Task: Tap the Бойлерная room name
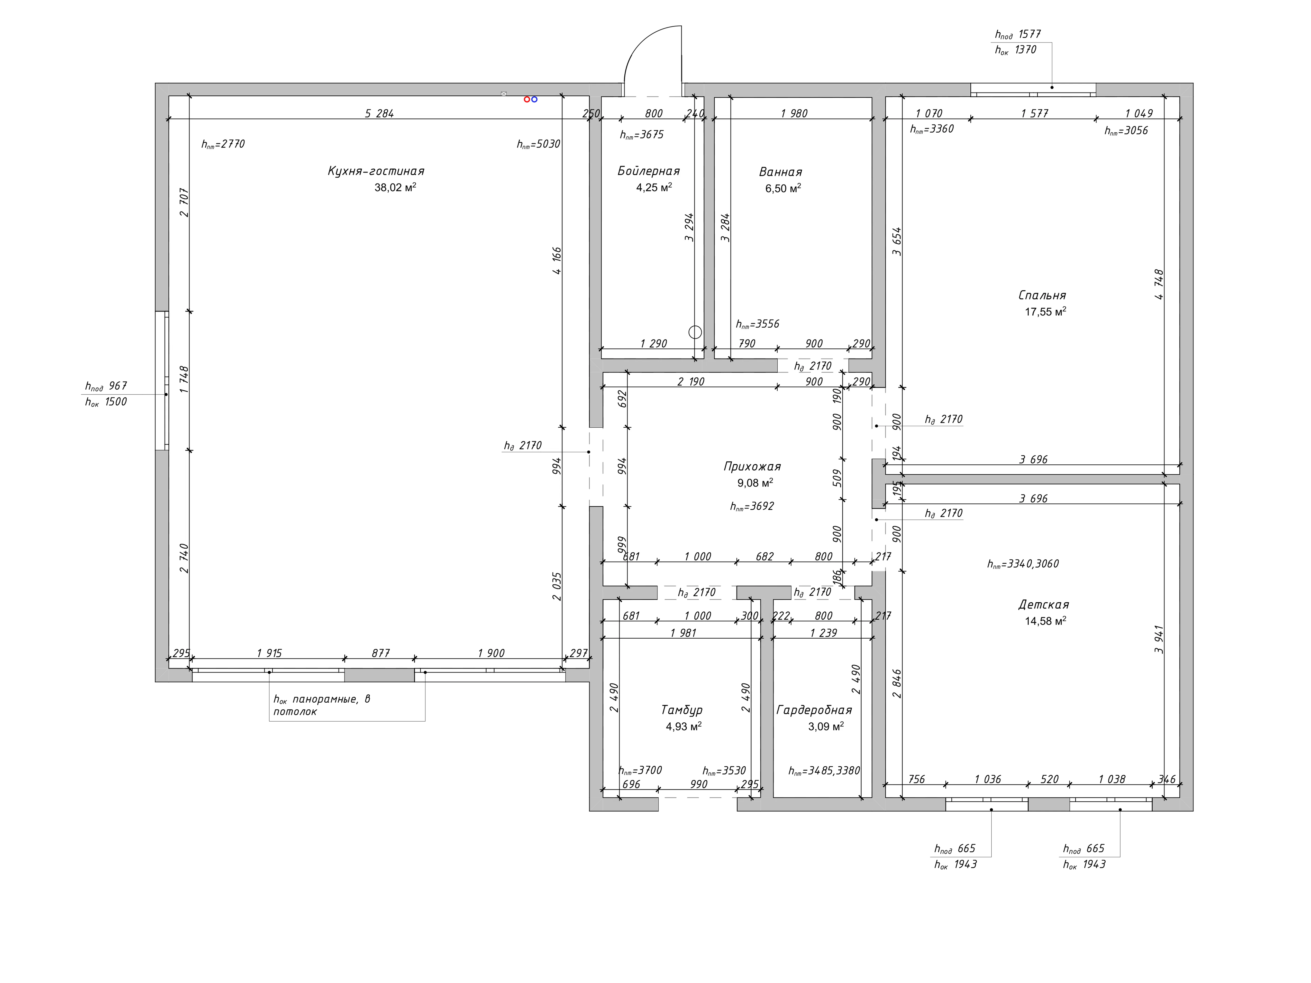point(648,171)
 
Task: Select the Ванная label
point(780,172)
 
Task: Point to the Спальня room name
point(1042,295)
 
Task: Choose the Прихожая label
point(752,466)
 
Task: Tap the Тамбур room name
point(681,710)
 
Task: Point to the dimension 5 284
point(379,113)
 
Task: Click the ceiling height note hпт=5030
point(538,144)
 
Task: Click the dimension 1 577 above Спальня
point(1034,113)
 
